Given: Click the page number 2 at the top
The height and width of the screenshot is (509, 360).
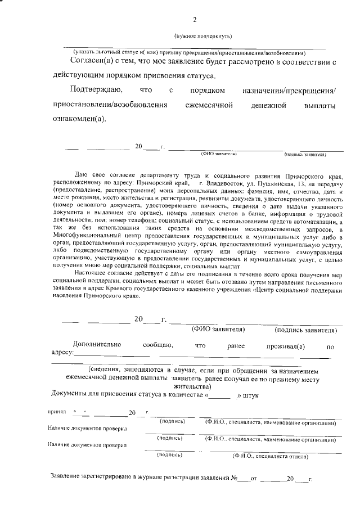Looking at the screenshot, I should click(x=195, y=20).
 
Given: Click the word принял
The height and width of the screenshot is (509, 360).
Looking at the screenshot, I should click(x=58, y=412).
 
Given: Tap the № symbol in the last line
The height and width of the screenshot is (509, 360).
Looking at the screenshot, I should click(x=234, y=480).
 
